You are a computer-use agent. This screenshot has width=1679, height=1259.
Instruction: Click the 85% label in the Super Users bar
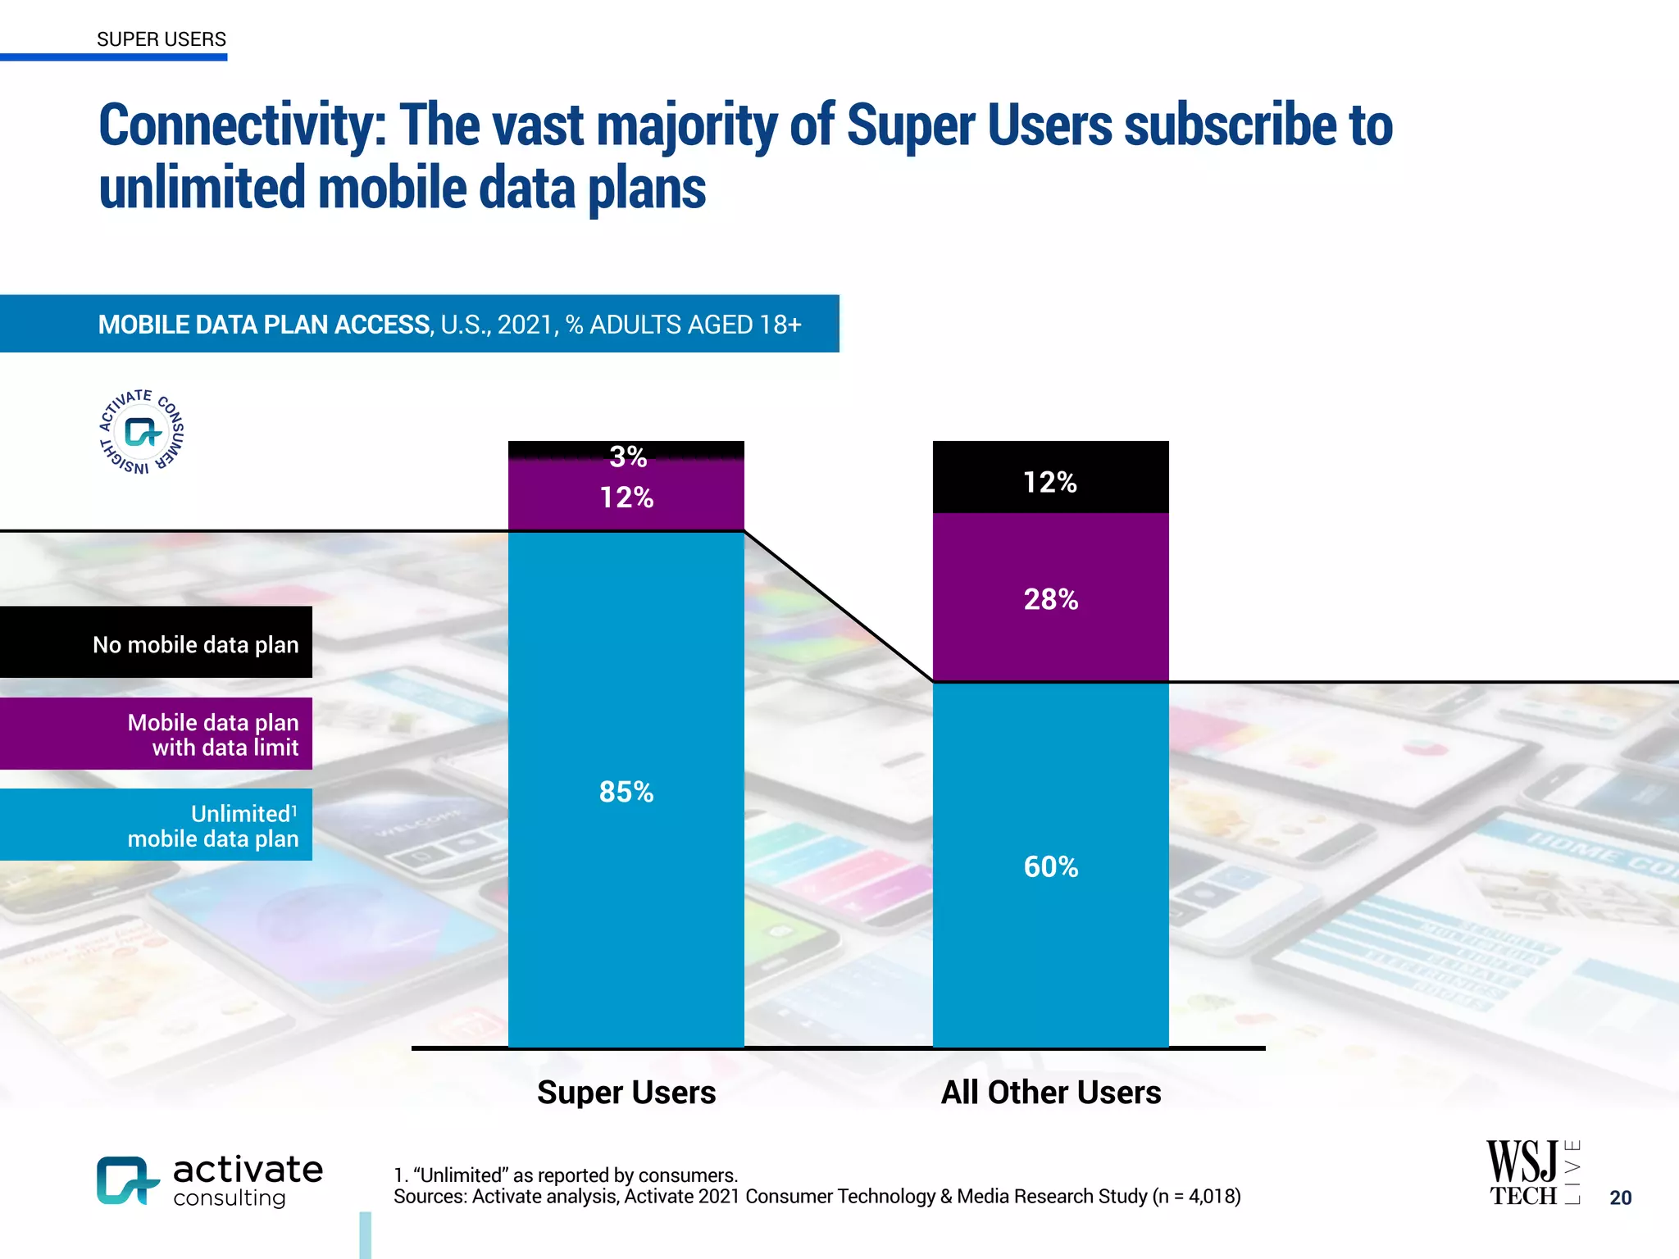pyautogui.click(x=626, y=792)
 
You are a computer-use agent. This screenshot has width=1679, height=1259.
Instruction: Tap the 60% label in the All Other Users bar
pyautogui.click(x=1050, y=866)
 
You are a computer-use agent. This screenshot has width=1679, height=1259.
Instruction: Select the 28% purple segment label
pyautogui.click(x=1050, y=599)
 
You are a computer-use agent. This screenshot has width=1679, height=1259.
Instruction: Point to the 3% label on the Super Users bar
pyautogui.click(x=627, y=457)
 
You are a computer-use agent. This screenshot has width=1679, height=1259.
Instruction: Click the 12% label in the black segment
pyautogui.click(x=1049, y=482)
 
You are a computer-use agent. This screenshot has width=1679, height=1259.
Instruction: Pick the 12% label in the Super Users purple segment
pyautogui.click(x=626, y=498)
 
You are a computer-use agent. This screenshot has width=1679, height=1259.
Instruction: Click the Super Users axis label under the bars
pyautogui.click(x=626, y=1093)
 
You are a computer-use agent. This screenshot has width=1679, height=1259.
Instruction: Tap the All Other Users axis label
pyautogui.click(x=1050, y=1093)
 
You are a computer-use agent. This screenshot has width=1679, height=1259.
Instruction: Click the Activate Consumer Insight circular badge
pyautogui.click(x=142, y=432)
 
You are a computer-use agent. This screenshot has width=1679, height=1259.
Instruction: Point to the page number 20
pyautogui.click(x=1620, y=1198)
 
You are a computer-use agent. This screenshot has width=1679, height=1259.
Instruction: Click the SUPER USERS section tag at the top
pyautogui.click(x=161, y=39)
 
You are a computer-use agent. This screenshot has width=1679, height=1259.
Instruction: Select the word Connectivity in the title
pyautogui.click(x=242, y=125)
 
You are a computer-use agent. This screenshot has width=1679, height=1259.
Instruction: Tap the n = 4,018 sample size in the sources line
pyautogui.click(x=1197, y=1197)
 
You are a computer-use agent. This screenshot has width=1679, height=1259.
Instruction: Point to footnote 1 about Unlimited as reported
pyautogui.click(x=566, y=1175)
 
